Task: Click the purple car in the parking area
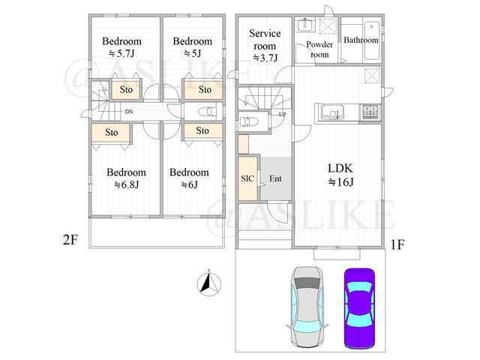[359, 308]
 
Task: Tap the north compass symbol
[209, 283]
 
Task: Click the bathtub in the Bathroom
[372, 40]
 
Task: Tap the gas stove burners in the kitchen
[370, 112]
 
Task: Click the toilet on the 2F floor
[207, 112]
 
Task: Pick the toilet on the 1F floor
[249, 121]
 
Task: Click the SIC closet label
[247, 178]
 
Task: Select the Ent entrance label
[275, 178]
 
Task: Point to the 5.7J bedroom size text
[121, 53]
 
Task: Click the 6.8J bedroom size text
[127, 184]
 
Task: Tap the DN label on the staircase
[129, 112]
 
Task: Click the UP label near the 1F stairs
[282, 114]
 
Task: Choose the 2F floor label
[70, 240]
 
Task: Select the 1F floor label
[397, 244]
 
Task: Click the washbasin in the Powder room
[305, 25]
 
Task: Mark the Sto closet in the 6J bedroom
[202, 130]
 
